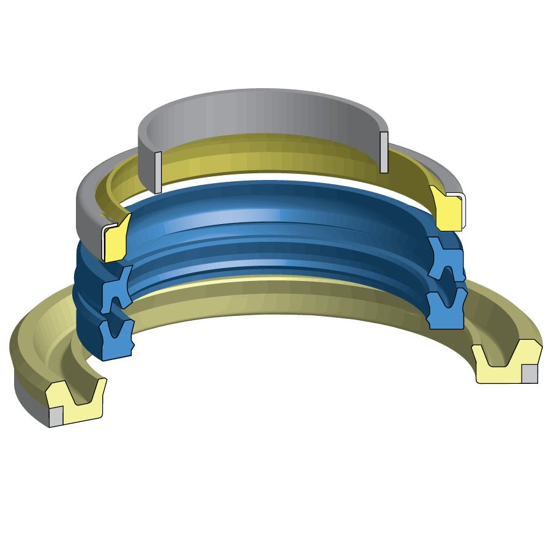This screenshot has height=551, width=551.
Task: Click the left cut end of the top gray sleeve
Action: pyautogui.click(x=158, y=172)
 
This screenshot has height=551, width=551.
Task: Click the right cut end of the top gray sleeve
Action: pyautogui.click(x=384, y=152)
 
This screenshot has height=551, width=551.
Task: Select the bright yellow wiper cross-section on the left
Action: pyautogui.click(x=115, y=239)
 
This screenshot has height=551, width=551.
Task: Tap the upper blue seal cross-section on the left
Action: pyautogui.click(x=116, y=288)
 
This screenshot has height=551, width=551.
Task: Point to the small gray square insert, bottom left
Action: pyautogui.click(x=56, y=416)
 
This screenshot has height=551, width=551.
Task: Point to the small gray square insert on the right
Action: pyautogui.click(x=529, y=373)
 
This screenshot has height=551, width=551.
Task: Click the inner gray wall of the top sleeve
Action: pyautogui.click(x=257, y=119)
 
